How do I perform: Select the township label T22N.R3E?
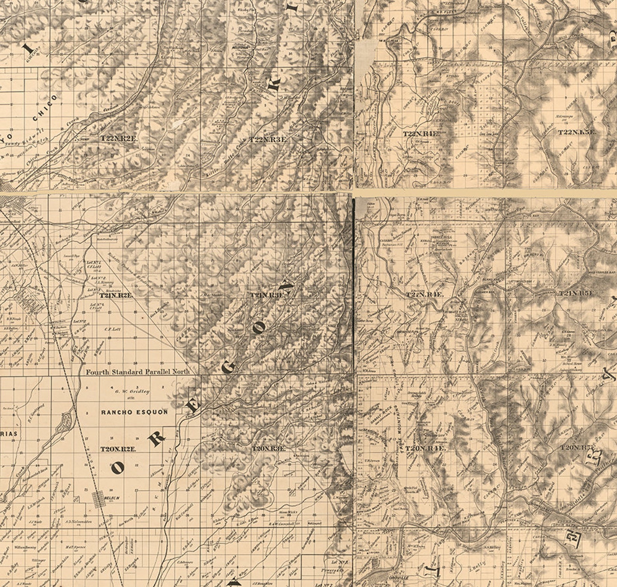pos(268,139)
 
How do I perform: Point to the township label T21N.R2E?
pos(116,295)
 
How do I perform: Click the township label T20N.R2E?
pos(119,449)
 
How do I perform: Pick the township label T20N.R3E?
pos(269,449)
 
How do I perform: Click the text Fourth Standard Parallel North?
pos(138,372)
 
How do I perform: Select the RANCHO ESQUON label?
pos(134,412)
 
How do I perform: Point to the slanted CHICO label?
pos(45,108)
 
